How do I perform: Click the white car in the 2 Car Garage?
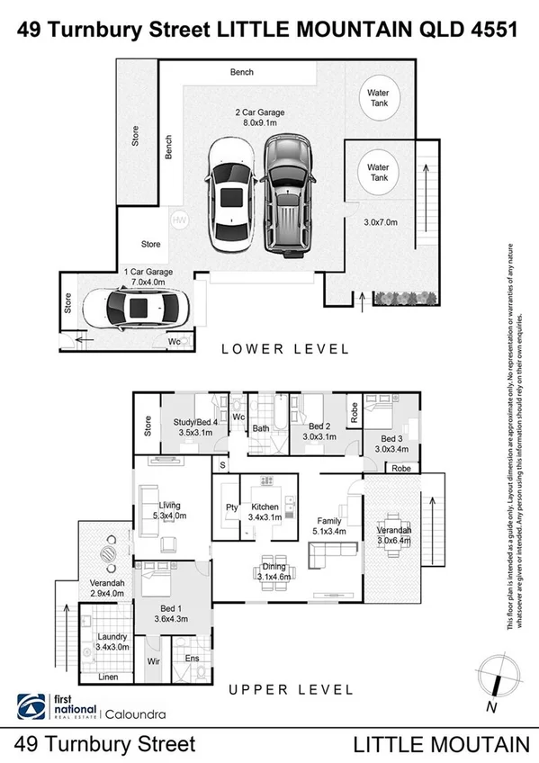click(231, 196)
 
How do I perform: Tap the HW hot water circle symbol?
click(179, 220)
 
